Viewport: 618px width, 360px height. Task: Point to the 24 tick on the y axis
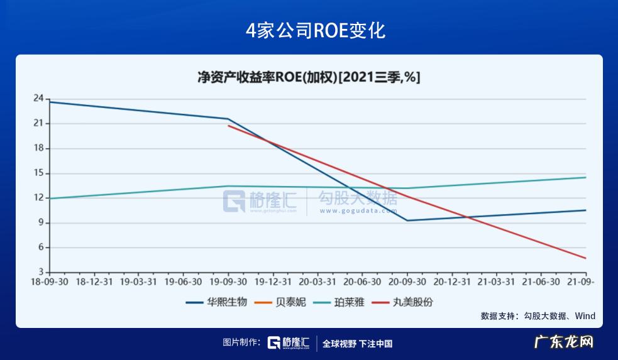39,99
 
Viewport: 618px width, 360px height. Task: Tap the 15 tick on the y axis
39,173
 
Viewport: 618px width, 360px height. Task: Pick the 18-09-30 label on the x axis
50,282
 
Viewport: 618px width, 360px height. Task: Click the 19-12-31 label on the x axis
273,282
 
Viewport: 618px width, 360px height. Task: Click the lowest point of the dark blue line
407,221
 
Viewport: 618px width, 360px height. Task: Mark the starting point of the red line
228,126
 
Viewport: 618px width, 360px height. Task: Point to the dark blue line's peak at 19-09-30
228,119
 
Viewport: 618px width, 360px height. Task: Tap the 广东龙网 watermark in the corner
564,342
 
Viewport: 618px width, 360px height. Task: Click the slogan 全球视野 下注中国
357,344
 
